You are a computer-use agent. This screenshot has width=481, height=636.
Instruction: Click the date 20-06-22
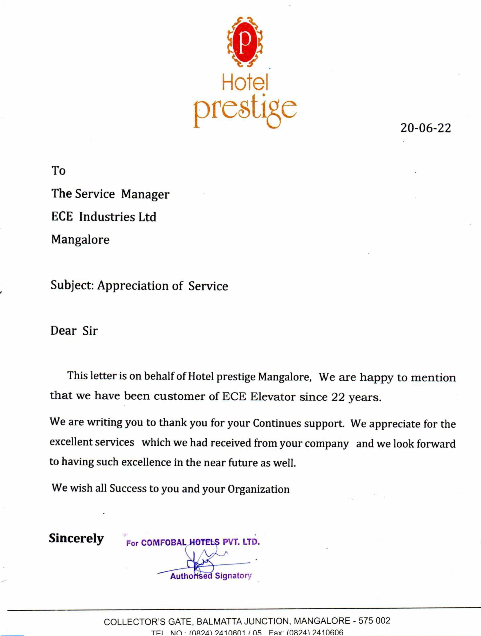[426, 128]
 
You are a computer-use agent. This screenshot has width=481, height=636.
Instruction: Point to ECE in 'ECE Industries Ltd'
[62, 217]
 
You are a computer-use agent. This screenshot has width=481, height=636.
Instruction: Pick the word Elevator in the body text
[273, 397]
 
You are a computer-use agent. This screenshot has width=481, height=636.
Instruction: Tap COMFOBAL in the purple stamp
[164, 543]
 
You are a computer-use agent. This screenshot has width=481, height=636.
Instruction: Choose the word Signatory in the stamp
[233, 576]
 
